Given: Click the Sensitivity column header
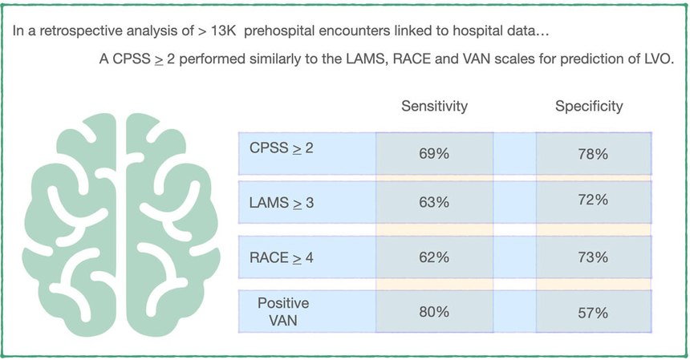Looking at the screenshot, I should coord(434,107).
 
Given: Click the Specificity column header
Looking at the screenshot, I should coord(589,107).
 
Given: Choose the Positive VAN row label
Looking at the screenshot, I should coord(283,310).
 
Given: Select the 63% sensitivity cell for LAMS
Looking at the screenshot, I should coord(434,202).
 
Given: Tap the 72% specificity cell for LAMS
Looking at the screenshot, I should coord(592,200).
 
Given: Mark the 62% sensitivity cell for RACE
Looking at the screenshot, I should coord(434,259).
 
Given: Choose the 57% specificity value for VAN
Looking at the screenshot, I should coord(592,312).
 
